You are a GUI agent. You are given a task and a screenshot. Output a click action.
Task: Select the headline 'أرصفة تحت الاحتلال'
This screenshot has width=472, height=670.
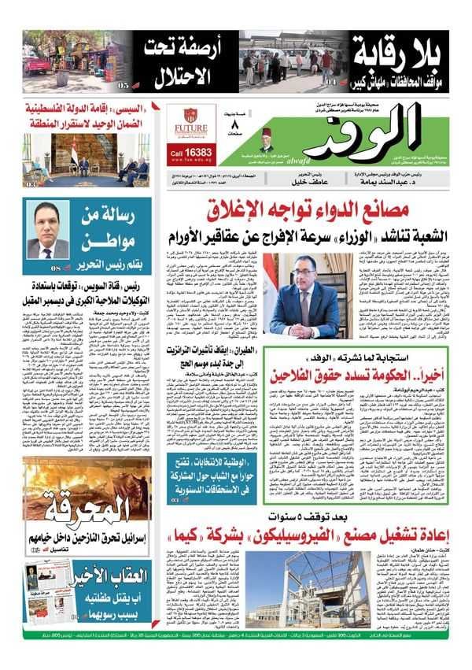point(178,63)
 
